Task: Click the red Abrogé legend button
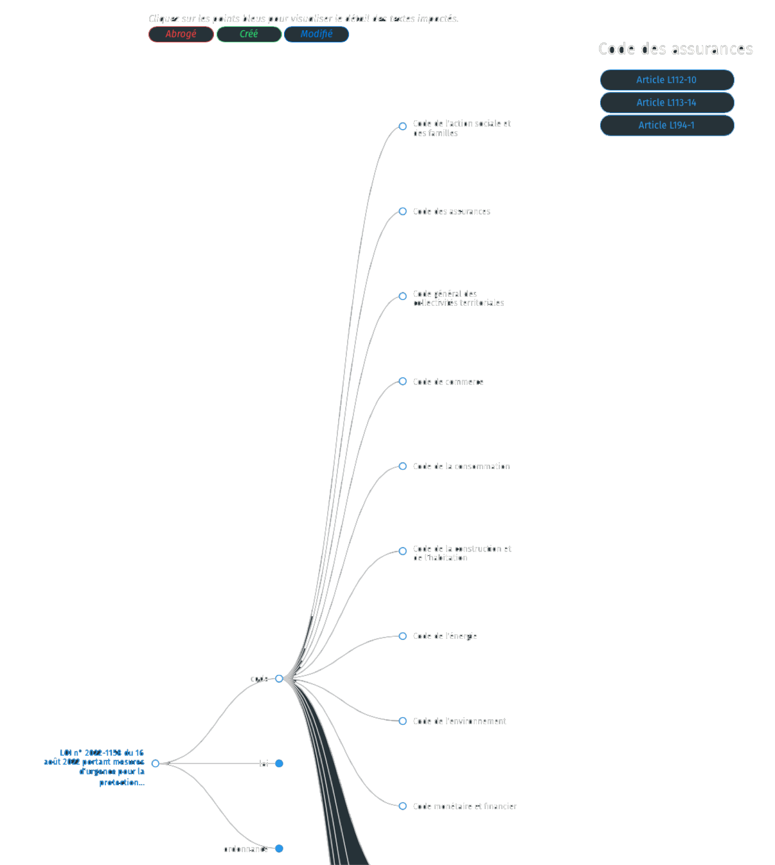coord(181,34)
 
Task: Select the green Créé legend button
coord(249,34)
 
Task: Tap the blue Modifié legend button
coord(316,34)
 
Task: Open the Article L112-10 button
coord(666,80)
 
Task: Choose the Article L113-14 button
coord(666,103)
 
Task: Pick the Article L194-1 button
coord(666,125)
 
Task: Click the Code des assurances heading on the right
coord(675,49)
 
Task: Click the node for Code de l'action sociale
coord(402,127)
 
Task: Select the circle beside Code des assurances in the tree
coord(402,211)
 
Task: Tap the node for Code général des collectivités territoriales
coord(402,296)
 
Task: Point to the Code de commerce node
coord(402,381)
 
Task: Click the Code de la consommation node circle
coord(402,466)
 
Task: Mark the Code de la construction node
coord(402,551)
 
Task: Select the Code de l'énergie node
coord(402,636)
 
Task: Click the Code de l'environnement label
coord(459,721)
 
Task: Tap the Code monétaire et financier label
coord(464,807)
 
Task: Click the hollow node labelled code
coord(279,679)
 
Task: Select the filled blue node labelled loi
coord(279,763)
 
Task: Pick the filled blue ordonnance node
coord(279,848)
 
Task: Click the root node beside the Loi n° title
coord(155,763)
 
